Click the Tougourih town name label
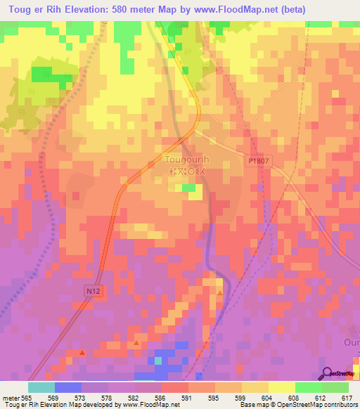(186, 160)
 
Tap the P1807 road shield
(259, 161)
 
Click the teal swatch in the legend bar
(41, 387)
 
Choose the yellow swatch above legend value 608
(281, 387)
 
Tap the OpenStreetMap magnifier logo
(328, 372)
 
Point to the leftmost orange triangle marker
(83, 352)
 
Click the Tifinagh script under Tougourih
(186, 171)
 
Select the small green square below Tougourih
(188, 188)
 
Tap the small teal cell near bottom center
(158, 361)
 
